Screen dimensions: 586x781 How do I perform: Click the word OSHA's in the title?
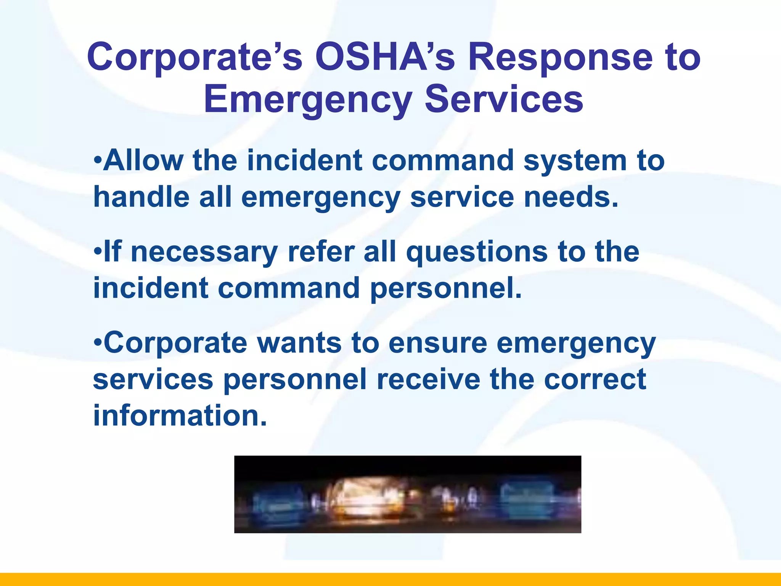pyautogui.click(x=385, y=57)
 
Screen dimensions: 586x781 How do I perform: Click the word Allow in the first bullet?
pyautogui.click(x=143, y=160)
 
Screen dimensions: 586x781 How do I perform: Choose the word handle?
pyautogui.click(x=141, y=197)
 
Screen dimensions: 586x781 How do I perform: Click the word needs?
pyautogui.click(x=571, y=197)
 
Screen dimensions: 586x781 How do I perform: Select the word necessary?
pyautogui.click(x=204, y=253)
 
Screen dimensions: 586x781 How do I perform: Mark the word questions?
pyautogui.click(x=477, y=253)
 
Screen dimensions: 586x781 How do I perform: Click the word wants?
pyautogui.click(x=299, y=343)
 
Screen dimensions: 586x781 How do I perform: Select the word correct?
pyautogui.click(x=595, y=379)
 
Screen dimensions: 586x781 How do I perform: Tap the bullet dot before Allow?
pyautogui.click(x=98, y=159)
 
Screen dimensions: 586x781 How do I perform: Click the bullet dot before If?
pyautogui.click(x=98, y=251)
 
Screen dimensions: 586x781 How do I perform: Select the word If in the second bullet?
pyautogui.click(x=112, y=252)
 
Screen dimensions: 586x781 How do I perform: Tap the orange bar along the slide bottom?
pyautogui.click(x=390, y=579)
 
